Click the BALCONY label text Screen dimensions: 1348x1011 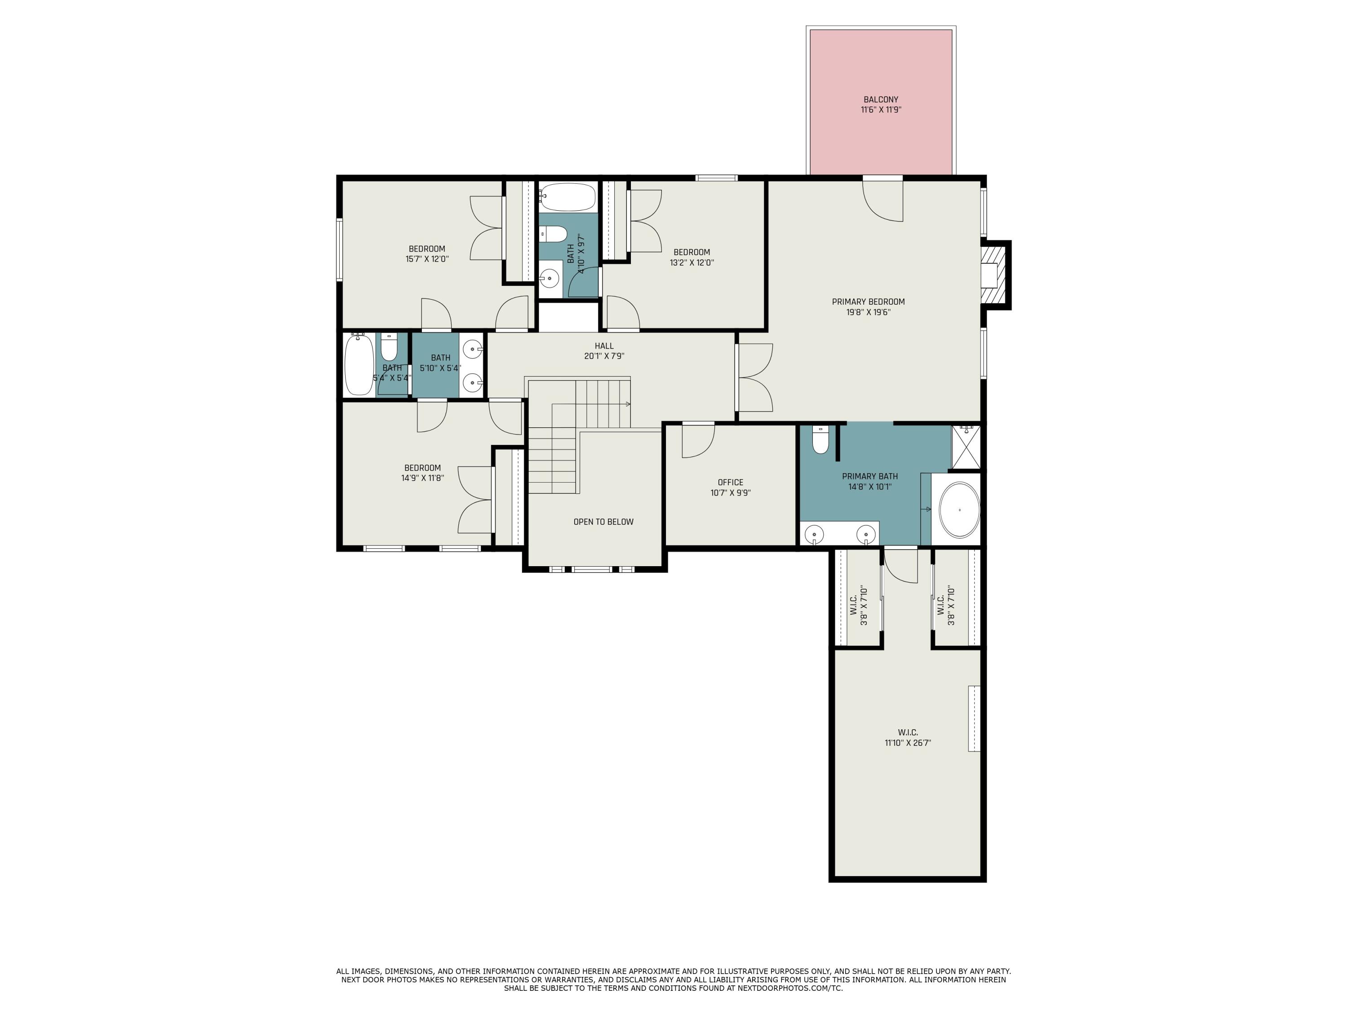click(x=881, y=99)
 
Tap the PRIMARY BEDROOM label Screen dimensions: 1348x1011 click(x=869, y=302)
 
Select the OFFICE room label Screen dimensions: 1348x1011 click(x=730, y=483)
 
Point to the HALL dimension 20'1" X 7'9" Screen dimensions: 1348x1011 click(x=604, y=356)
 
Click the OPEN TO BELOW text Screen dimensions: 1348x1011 click(x=603, y=522)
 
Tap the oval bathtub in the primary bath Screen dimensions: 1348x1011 click(x=959, y=510)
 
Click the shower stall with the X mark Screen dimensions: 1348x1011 click(x=966, y=447)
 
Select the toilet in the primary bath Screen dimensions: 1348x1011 click(x=821, y=439)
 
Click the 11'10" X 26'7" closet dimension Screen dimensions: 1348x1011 click(x=908, y=743)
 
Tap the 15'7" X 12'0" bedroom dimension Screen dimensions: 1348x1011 click(x=427, y=259)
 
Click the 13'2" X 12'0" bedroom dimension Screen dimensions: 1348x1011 click(x=692, y=263)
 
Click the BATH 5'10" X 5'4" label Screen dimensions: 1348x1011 click(x=441, y=363)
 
